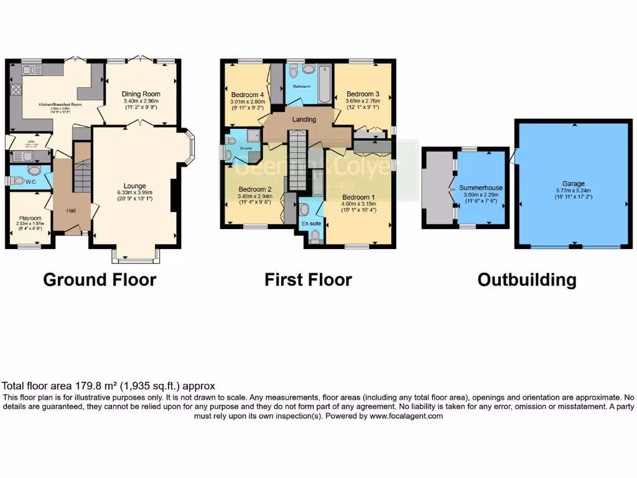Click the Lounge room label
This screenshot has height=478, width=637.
coord(134,185)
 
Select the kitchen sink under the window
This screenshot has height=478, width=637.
coord(30,70)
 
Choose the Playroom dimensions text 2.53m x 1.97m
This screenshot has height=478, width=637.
coord(30,224)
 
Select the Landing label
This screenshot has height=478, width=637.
coord(305,119)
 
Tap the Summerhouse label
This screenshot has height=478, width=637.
coord(481,187)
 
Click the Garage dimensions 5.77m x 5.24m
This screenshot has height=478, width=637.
coord(574,190)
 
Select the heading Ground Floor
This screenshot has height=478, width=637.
coord(100,280)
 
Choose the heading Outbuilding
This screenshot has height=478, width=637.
coord(526,280)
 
